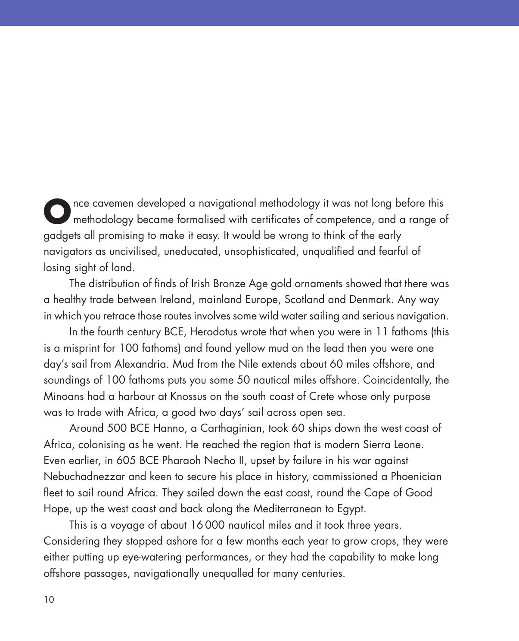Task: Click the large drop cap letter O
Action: pyautogui.click(x=56, y=211)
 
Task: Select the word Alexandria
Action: pyautogui.click(x=141, y=364)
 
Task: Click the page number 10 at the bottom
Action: pyautogui.click(x=49, y=600)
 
